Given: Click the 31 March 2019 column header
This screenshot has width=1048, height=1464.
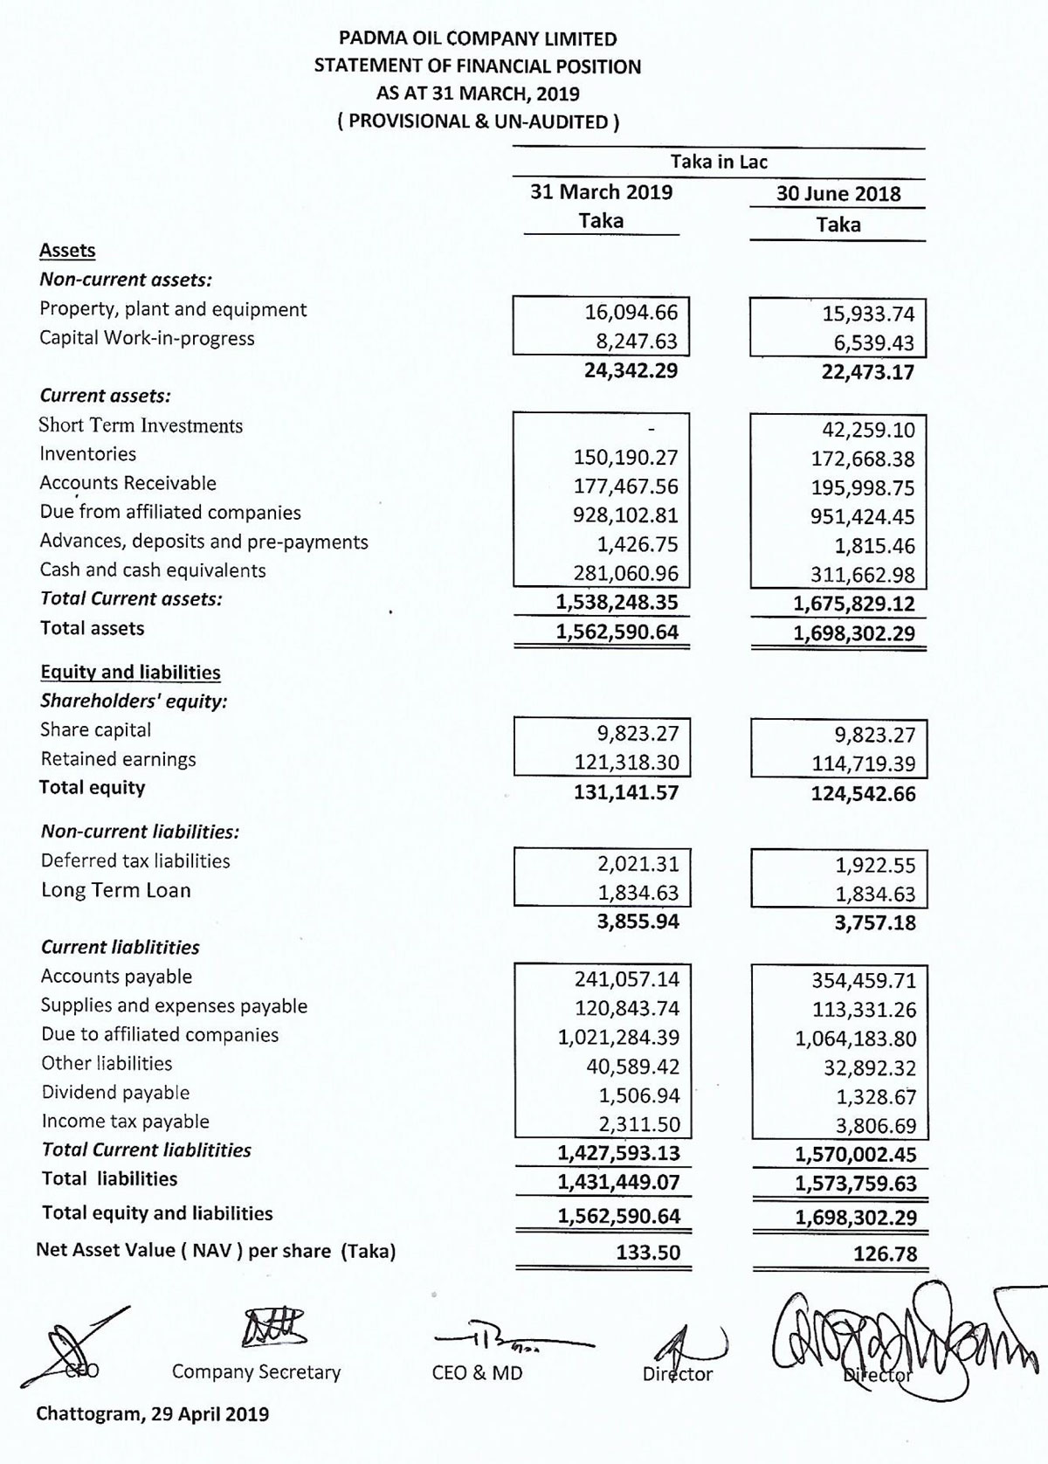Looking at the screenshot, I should click(x=601, y=192).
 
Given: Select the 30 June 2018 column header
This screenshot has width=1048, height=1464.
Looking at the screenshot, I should click(x=838, y=194).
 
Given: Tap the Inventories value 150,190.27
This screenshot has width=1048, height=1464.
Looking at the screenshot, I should click(x=625, y=457).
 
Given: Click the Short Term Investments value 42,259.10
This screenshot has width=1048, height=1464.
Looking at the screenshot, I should click(x=863, y=431).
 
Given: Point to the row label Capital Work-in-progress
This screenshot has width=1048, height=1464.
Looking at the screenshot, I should click(x=147, y=338).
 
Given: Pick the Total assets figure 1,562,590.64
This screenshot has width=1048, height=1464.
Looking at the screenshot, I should click(x=617, y=632).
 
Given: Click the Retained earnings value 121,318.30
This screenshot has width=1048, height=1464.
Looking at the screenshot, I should click(x=626, y=763).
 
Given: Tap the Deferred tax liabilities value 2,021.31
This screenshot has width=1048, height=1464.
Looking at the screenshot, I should click(x=638, y=864).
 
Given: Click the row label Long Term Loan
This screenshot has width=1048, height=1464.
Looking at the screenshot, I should click(x=115, y=890).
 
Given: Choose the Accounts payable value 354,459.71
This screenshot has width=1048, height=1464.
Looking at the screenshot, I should click(x=864, y=981).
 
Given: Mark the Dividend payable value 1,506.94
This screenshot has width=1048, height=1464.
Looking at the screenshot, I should click(x=638, y=1096).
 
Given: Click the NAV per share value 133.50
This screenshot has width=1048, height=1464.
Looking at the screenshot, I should click(x=647, y=1253).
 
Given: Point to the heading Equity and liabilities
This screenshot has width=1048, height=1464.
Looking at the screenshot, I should click(x=130, y=672).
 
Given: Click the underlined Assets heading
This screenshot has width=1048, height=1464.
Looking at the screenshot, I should click(x=67, y=251).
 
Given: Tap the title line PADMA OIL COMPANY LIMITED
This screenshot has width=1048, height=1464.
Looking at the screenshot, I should click(x=478, y=39).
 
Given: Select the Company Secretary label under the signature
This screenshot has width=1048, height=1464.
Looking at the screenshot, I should click(x=256, y=1371).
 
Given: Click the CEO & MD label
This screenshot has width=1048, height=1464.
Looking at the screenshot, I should click(x=477, y=1373).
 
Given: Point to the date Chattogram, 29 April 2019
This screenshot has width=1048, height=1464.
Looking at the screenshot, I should click(x=152, y=1413).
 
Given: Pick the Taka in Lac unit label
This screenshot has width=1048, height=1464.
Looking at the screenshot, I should click(x=718, y=162).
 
